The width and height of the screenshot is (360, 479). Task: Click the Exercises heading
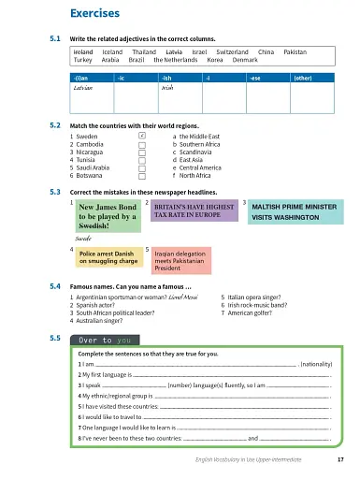point(95,13)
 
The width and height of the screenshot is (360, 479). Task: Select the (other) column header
point(303,78)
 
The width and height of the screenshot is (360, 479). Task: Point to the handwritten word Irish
point(167,89)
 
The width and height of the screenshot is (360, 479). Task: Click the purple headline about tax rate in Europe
point(194,210)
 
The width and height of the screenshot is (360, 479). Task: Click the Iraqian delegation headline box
point(182,258)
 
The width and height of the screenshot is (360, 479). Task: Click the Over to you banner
point(105,340)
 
